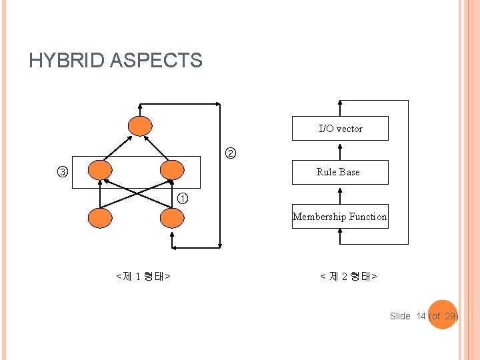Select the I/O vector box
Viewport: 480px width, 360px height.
pyautogui.click(x=340, y=129)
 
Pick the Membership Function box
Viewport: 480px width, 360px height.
pyautogui.click(x=340, y=217)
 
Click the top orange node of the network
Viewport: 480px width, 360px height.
pyautogui.click(x=141, y=126)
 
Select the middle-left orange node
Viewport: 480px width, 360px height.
pyautogui.click(x=101, y=171)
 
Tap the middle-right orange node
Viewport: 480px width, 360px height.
pyautogui.click(x=172, y=171)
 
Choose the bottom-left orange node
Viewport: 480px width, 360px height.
pyautogui.click(x=101, y=218)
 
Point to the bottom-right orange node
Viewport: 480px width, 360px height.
pyautogui.click(x=172, y=218)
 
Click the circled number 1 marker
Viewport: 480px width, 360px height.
pyautogui.click(x=183, y=198)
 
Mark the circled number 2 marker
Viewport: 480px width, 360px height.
pyautogui.click(x=229, y=154)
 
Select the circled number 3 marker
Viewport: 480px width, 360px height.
pyautogui.click(x=61, y=173)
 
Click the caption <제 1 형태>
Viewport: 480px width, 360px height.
pyautogui.click(x=143, y=276)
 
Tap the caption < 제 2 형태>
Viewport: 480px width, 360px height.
pyautogui.click(x=349, y=276)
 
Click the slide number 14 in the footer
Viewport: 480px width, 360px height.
pyautogui.click(x=421, y=316)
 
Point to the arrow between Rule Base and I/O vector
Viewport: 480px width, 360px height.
pyautogui.click(x=340, y=150)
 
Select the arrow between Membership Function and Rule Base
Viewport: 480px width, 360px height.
pyautogui.click(x=340, y=194)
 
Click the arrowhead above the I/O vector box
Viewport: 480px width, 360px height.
pyautogui.click(x=340, y=104)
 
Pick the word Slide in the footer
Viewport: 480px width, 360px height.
pyautogui.click(x=400, y=316)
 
